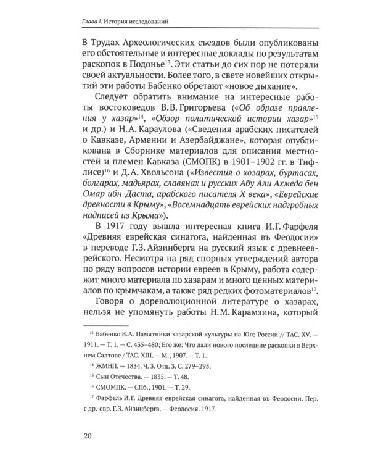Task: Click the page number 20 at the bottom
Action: [86, 438]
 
